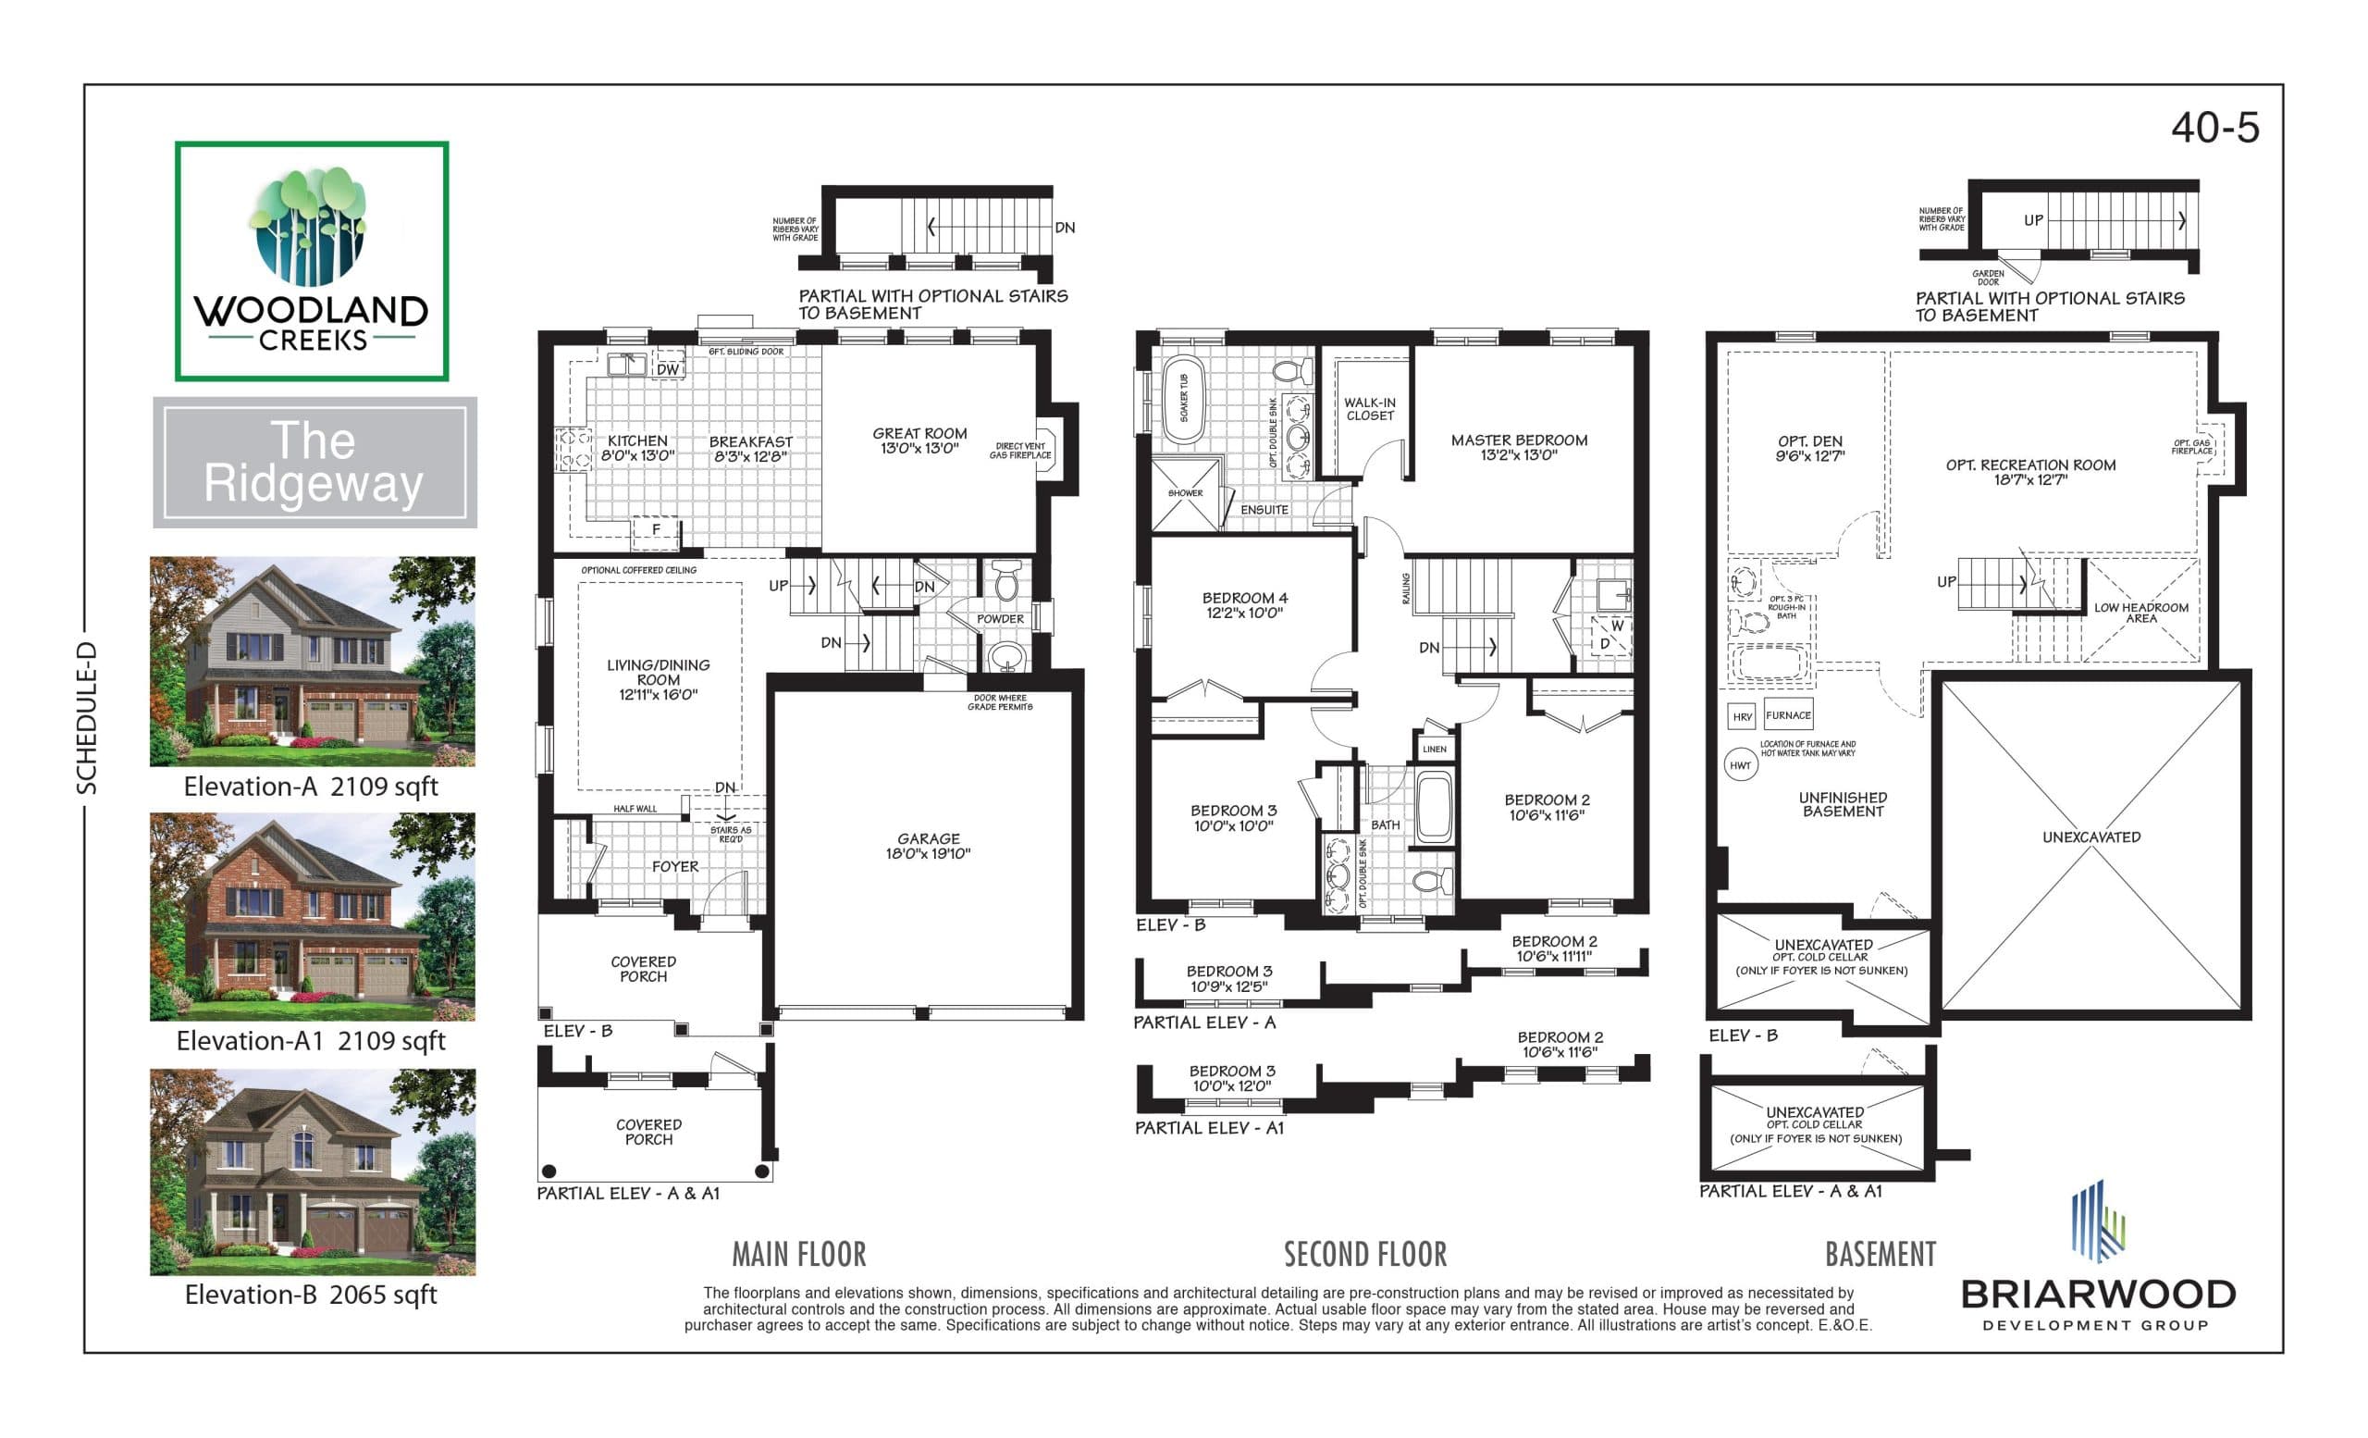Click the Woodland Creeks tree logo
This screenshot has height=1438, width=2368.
coord(311,227)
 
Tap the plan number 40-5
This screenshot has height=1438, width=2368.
coord(2214,128)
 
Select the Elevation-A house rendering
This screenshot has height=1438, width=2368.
coord(313,661)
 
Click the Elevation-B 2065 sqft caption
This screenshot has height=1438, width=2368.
coord(311,1294)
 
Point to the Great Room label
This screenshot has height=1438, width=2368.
coord(919,440)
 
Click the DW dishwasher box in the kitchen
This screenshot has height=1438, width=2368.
coord(667,369)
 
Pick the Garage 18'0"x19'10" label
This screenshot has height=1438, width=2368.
coord(928,846)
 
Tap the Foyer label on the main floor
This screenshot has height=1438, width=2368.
coord(674,866)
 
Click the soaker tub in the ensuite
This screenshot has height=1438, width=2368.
coord(1183,397)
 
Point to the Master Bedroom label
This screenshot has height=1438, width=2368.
coord(1519,447)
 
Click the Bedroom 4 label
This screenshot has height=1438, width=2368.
coord(1244,604)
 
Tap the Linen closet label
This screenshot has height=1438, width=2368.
coord(1434,749)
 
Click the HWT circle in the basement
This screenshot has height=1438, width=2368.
coord(1741,765)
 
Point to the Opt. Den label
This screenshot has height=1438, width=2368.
coord(1809,448)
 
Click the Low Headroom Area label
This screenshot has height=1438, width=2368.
coord(2141,613)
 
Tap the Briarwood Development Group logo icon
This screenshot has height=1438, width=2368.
coord(2097,1221)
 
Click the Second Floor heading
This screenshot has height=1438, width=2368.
coord(1364,1255)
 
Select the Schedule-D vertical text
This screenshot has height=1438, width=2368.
coord(88,718)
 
